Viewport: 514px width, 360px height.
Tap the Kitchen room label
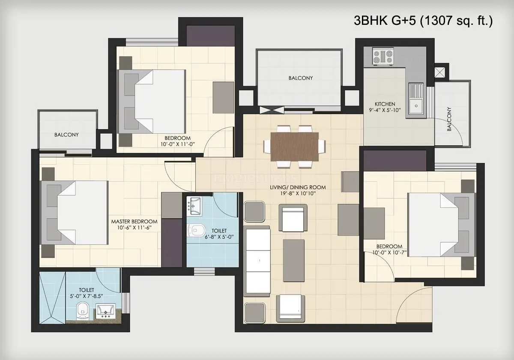click(385, 104)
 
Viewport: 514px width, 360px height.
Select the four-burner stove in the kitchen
click(383, 57)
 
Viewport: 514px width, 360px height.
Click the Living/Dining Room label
click(298, 187)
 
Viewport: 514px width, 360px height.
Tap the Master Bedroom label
click(134, 221)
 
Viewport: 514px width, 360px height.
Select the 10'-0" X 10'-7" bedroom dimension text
click(389, 253)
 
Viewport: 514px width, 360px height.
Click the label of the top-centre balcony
click(300, 78)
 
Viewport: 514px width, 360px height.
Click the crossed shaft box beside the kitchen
click(440, 71)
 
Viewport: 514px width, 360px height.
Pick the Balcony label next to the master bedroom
click(66, 134)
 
